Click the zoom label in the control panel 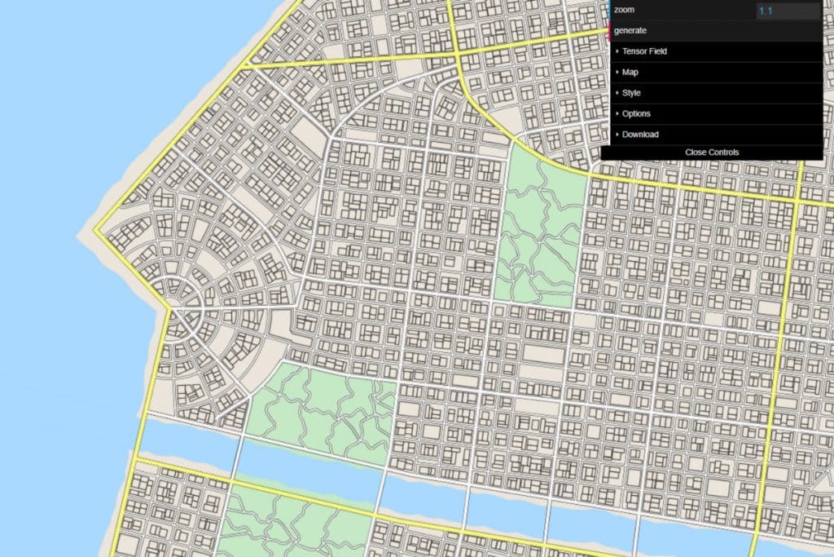pos(624,10)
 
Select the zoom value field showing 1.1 pos(788,11)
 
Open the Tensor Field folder pos(644,51)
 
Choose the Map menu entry pos(630,73)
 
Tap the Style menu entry pos(631,93)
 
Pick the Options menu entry pos(636,114)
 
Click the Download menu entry pos(640,135)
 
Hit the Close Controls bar pos(712,153)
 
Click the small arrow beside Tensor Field pos(617,51)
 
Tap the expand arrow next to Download pos(617,135)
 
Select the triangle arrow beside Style pos(617,93)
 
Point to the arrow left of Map pos(617,73)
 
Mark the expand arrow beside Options pos(617,114)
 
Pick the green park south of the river pos(285,522)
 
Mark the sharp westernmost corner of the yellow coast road pos(94,231)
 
